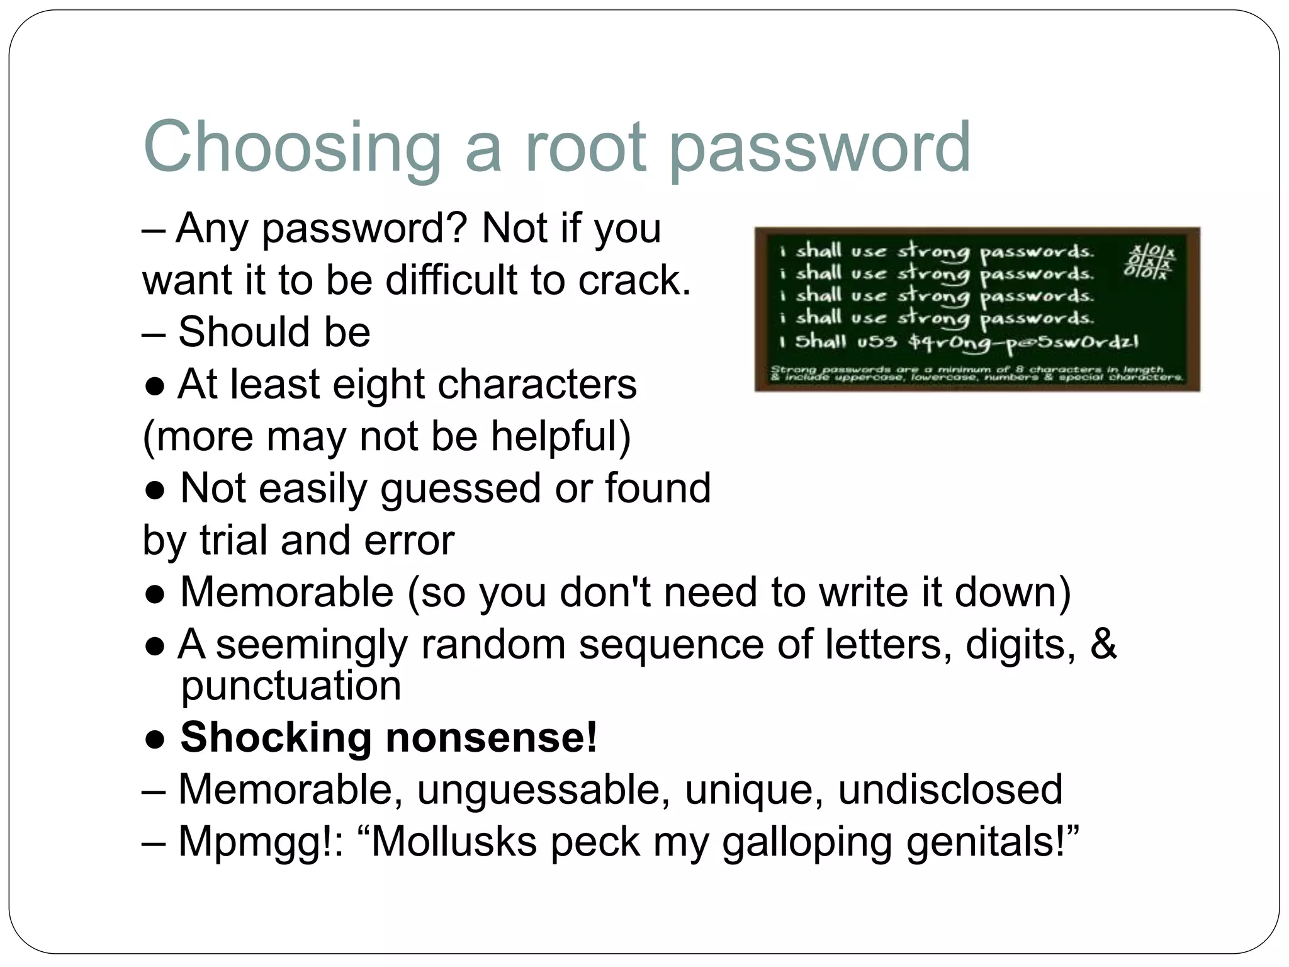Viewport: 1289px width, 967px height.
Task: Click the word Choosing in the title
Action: tap(292, 149)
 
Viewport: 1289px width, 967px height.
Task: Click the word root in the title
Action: tap(585, 147)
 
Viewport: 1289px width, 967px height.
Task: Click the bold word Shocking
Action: tap(276, 737)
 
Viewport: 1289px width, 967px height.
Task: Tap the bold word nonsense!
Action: tap(491, 737)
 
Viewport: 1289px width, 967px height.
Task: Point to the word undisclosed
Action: tap(950, 789)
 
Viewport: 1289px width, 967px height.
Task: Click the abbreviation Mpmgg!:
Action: tap(261, 841)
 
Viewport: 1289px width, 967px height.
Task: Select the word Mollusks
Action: tap(454, 841)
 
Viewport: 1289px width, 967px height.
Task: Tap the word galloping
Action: tap(807, 842)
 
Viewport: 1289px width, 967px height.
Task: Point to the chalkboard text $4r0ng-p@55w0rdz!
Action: tap(1023, 343)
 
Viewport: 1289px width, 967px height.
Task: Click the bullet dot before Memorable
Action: tap(155, 594)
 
